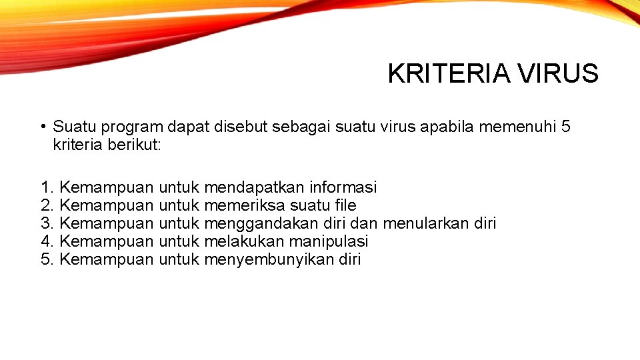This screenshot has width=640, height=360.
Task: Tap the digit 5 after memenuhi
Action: [x=566, y=127]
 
